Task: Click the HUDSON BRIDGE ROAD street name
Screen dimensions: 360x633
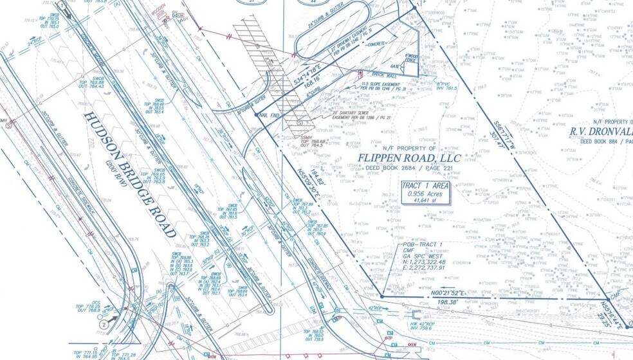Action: coord(129,172)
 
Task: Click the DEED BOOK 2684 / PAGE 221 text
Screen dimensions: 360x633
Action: coord(408,170)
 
